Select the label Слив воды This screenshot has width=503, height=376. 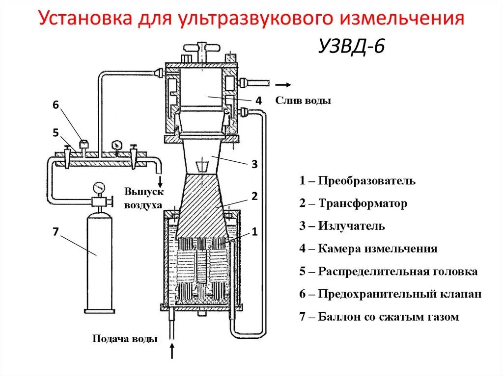point(303,101)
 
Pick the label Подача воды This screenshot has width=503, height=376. point(125,339)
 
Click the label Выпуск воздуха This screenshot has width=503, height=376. point(143,199)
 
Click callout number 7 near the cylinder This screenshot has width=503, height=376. point(56,233)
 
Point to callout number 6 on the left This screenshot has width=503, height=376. point(56,104)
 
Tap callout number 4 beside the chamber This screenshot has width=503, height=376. point(258,101)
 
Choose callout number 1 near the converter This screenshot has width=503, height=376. point(254,232)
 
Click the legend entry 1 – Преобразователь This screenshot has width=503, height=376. point(358,181)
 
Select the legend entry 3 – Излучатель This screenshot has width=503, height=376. point(342,226)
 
